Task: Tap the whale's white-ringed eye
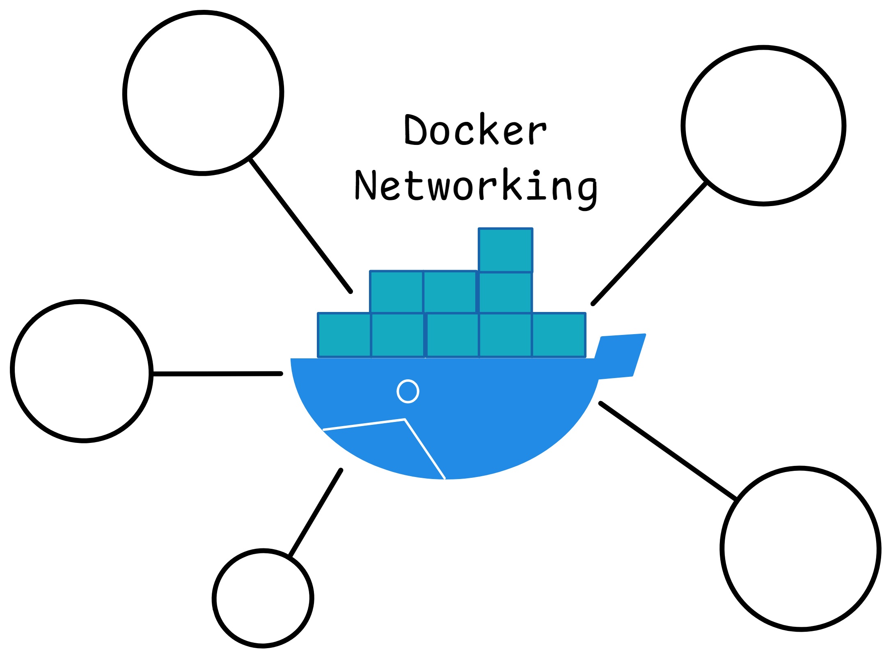click(408, 391)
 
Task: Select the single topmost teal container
click(505, 250)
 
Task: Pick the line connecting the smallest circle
click(315, 513)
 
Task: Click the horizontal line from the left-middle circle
click(218, 374)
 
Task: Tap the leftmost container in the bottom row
click(344, 335)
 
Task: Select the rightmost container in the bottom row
click(559, 335)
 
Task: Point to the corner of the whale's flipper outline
click(405, 420)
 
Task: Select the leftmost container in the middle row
click(396, 292)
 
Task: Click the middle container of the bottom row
click(452, 335)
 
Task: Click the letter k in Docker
click(488, 129)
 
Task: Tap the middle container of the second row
click(450, 292)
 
